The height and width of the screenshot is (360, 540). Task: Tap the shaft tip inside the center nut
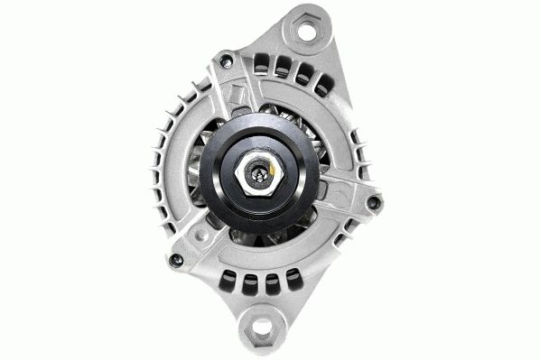pyautogui.click(x=260, y=174)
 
